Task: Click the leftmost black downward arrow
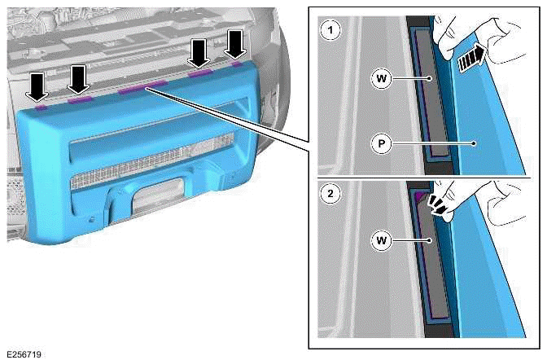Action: [38, 85]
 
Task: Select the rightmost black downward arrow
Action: [234, 43]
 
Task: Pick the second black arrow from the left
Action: [77, 79]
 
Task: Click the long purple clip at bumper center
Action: [142, 88]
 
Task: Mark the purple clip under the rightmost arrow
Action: [236, 62]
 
